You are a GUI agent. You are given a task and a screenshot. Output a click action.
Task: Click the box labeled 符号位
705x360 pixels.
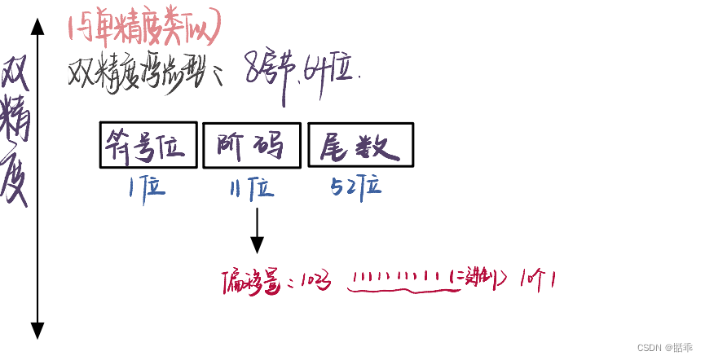coord(148,145)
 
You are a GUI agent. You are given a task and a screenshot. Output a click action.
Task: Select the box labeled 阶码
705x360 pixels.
coord(252,145)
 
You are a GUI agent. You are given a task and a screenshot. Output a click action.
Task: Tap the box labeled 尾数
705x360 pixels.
coord(360,145)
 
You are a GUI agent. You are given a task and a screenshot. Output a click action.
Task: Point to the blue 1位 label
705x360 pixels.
coord(147,188)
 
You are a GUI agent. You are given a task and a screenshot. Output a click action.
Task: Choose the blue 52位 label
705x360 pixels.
coord(356,187)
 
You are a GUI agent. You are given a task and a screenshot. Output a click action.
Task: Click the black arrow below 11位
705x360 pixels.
coord(257,231)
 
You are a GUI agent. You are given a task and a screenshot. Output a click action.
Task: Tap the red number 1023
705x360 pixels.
coord(315,281)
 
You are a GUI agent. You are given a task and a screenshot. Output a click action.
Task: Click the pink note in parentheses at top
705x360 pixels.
coord(144,29)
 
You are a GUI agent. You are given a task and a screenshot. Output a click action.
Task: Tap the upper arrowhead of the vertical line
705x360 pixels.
coord(37,27)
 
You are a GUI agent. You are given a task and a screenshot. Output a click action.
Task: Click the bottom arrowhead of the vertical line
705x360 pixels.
coord(37,330)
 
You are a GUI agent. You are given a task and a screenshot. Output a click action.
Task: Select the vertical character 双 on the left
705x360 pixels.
coord(16,77)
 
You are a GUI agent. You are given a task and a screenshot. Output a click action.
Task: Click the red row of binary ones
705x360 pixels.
coord(396,279)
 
